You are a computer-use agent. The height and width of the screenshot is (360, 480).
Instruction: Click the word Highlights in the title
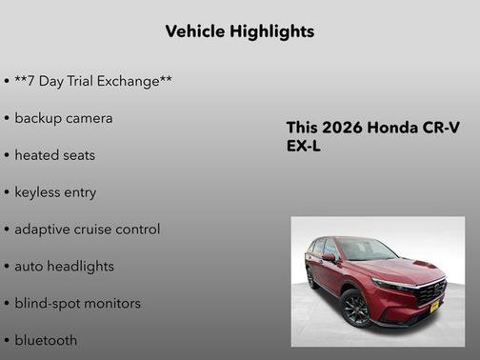coord(272,31)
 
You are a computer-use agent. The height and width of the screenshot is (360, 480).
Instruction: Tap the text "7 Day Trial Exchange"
coord(93,81)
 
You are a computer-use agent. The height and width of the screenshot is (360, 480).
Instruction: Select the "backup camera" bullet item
coord(63,118)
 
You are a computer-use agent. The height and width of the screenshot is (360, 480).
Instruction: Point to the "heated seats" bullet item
coord(54,154)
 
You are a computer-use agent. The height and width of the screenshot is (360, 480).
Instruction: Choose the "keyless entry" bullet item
coord(55,191)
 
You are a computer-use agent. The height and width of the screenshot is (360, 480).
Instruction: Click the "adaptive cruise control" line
coord(87,229)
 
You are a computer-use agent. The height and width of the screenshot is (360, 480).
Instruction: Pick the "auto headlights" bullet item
coord(64,266)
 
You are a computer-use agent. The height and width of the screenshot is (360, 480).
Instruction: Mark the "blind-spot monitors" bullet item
coord(77,303)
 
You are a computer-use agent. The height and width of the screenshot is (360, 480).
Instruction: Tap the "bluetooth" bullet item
coord(46,340)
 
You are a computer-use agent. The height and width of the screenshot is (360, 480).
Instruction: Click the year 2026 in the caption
coord(340,128)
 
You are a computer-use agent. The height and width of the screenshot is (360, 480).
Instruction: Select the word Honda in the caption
coord(390,128)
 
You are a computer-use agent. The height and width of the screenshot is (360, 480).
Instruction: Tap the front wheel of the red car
coord(355,308)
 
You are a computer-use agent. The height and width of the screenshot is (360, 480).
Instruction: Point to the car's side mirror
coord(330,256)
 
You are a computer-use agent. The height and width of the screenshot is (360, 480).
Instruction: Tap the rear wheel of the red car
coord(310,279)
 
